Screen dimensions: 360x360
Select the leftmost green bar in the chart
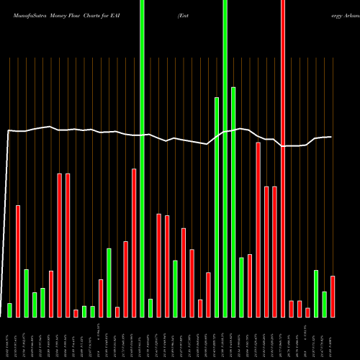click(x=9, y=310)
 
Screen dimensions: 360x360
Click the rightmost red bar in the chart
click(x=333, y=296)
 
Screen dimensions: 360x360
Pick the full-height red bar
click(x=283, y=158)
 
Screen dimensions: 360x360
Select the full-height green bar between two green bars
click(x=225, y=158)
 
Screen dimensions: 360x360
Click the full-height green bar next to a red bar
click(x=142, y=158)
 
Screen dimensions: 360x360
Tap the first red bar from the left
click(x=18, y=261)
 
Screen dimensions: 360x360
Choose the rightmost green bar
click(x=325, y=304)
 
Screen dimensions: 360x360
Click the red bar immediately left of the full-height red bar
click(x=274, y=251)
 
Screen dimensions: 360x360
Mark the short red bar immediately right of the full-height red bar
click(x=292, y=308)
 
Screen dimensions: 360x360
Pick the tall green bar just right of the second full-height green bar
click(x=233, y=202)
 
